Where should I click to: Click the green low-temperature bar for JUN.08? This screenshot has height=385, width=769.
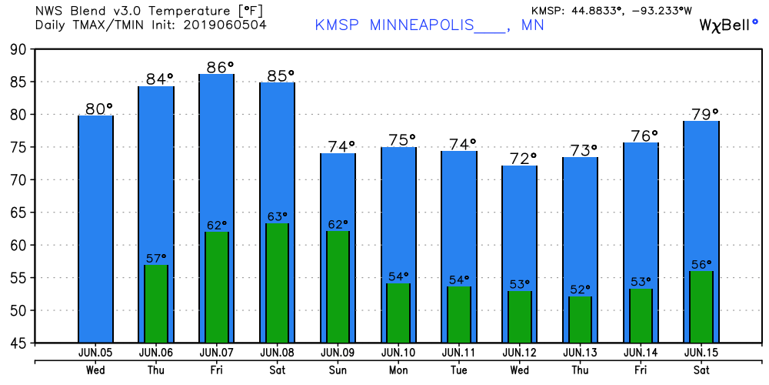click(x=277, y=283)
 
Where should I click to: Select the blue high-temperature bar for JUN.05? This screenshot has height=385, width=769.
click(x=95, y=229)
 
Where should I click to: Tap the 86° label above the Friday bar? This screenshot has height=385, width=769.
click(x=216, y=66)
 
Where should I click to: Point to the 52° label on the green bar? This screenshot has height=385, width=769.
click(x=581, y=290)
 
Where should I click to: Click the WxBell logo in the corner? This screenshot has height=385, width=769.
click(x=727, y=25)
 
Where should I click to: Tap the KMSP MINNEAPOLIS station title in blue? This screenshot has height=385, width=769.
click(x=430, y=25)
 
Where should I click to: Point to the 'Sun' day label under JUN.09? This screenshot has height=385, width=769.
click(x=338, y=369)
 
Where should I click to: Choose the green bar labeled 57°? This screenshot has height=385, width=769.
click(x=156, y=304)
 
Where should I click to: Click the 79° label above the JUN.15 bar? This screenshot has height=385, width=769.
click(x=701, y=113)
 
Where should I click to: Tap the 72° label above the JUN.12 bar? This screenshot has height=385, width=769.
click(x=519, y=159)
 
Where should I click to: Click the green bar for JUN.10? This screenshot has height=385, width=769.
click(x=398, y=313)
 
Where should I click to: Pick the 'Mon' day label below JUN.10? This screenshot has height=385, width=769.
click(x=398, y=369)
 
